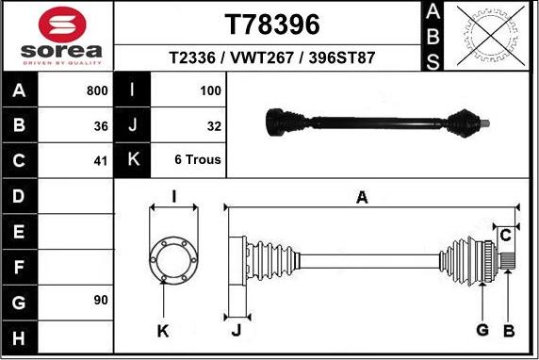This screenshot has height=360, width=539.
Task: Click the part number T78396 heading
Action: (272, 24)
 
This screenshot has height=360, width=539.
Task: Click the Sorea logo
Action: (58, 36)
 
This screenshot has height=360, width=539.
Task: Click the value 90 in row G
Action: (100, 301)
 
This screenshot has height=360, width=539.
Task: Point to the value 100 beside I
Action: (210, 91)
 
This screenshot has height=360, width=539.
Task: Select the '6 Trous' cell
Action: (198, 160)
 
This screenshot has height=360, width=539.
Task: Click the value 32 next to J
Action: (213, 125)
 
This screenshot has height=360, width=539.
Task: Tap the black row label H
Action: (20, 336)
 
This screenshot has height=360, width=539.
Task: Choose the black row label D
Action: (20, 196)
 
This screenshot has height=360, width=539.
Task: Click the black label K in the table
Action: (132, 160)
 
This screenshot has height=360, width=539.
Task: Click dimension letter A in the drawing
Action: (362, 197)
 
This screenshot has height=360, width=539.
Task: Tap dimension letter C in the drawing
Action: (505, 233)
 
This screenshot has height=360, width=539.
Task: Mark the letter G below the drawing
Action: (482, 329)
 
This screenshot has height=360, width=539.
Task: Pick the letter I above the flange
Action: (173, 196)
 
